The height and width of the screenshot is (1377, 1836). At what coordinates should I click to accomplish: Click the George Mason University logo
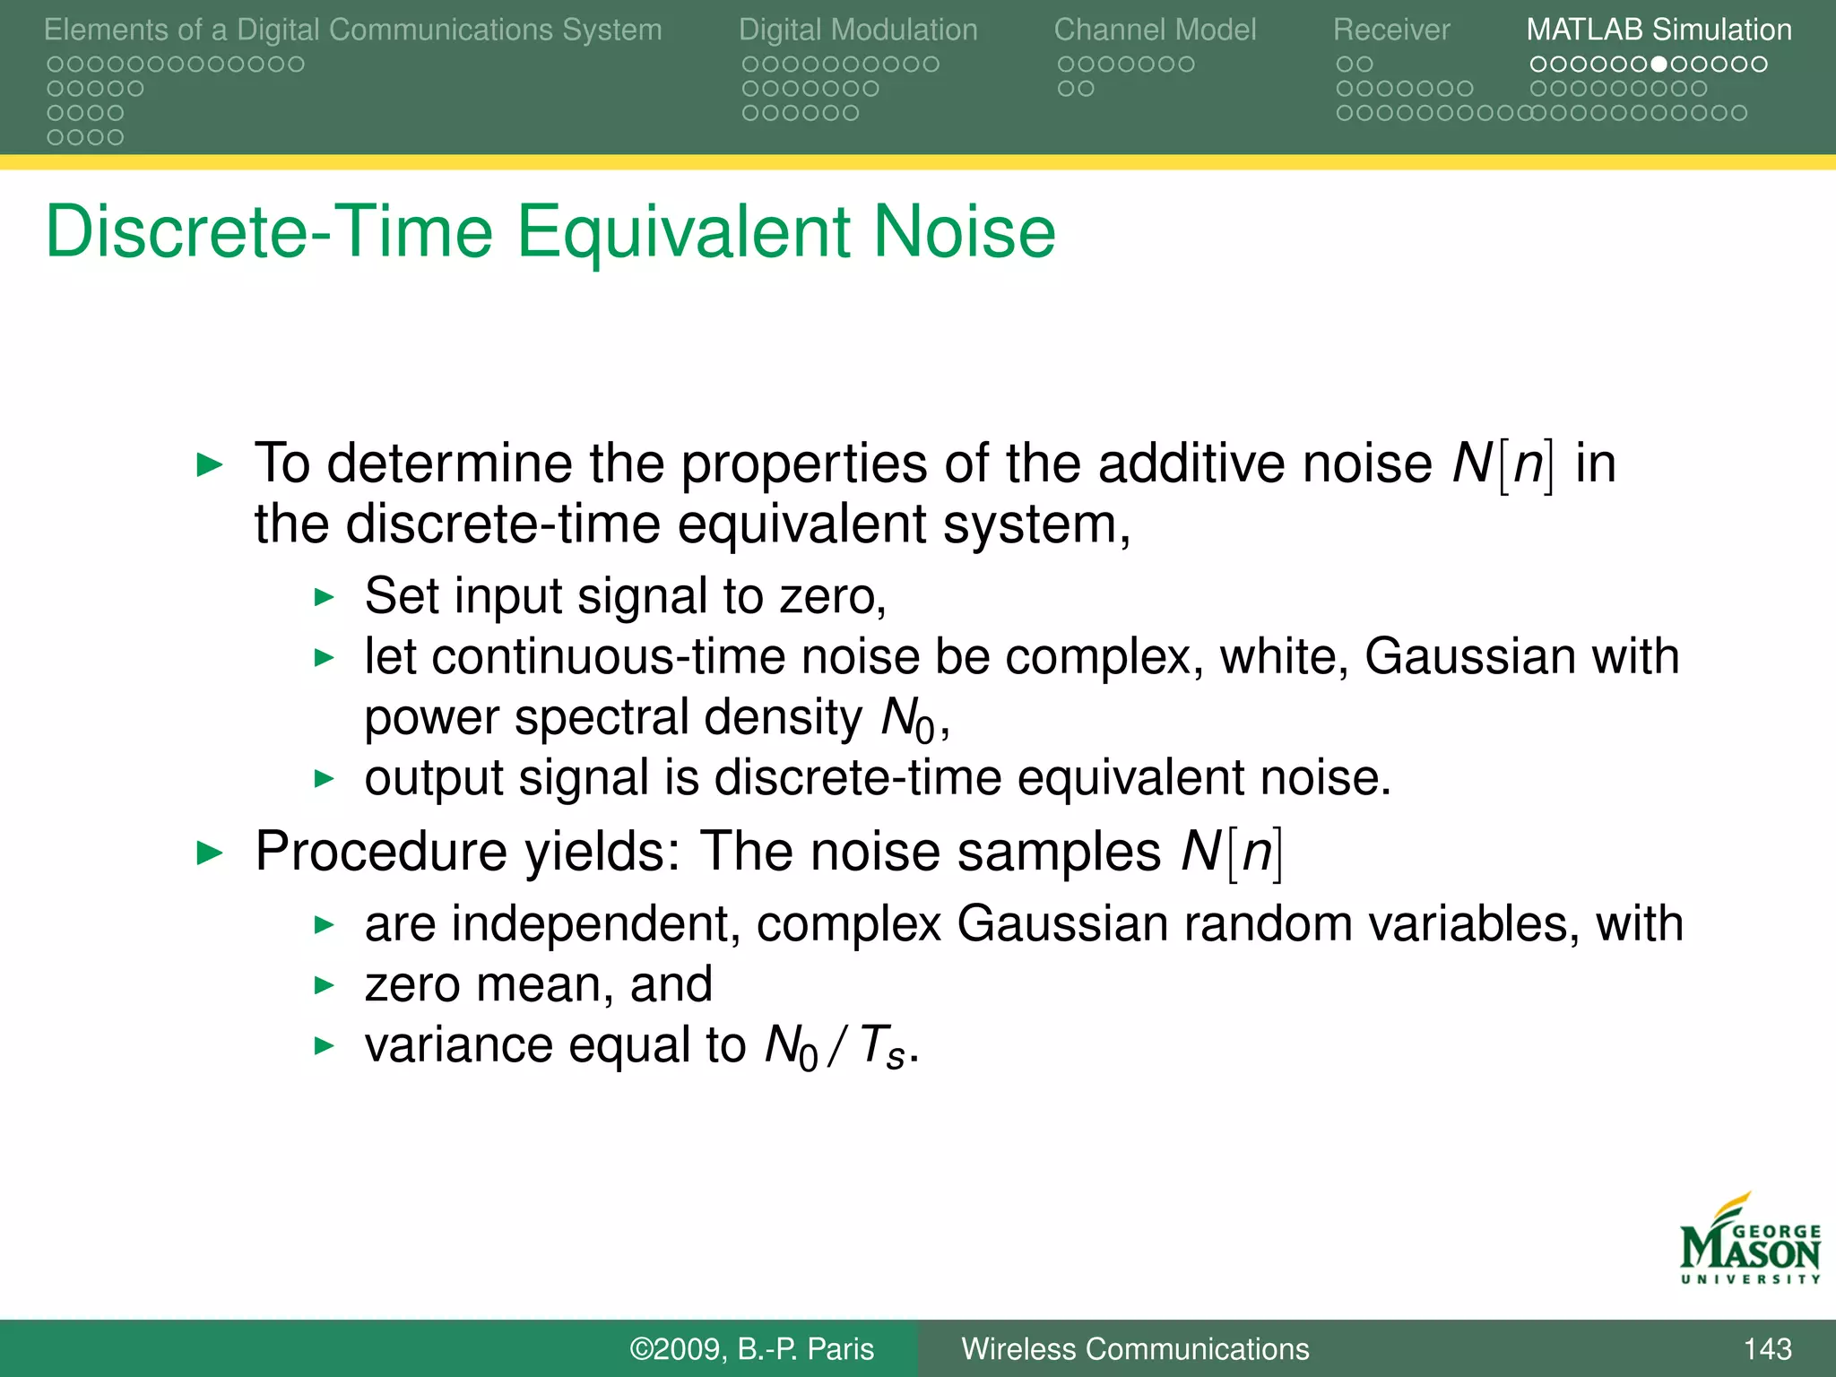[x=1749, y=1242]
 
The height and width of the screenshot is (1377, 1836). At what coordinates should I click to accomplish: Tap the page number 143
[x=1767, y=1348]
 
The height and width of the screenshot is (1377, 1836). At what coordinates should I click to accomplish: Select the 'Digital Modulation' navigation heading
[x=858, y=30]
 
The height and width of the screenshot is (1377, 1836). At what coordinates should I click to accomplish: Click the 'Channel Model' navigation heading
[x=1155, y=30]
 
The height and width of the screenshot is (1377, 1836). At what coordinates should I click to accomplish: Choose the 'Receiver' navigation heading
[x=1390, y=30]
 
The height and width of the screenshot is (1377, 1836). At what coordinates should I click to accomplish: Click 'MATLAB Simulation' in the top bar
[x=1658, y=30]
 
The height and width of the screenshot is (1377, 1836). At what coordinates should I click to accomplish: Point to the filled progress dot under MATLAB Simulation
[x=1659, y=65]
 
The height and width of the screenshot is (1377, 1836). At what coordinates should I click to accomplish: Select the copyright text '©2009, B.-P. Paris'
[x=751, y=1348]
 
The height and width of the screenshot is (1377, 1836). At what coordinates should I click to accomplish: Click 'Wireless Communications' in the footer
[x=1135, y=1348]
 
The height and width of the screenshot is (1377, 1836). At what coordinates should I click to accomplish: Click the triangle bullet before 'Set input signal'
[x=325, y=597]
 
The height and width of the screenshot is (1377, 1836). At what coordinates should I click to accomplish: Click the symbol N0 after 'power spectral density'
[x=907, y=719]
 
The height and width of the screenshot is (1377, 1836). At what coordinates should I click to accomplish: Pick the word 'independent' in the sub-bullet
[x=595, y=924]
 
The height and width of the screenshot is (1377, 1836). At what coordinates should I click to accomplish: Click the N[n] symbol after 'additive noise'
[x=1503, y=464]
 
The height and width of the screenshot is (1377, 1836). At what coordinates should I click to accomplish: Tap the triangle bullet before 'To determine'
[x=209, y=464]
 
